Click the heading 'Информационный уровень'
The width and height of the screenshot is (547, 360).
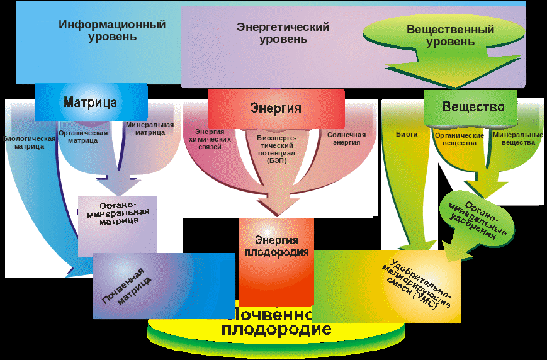click(112, 30)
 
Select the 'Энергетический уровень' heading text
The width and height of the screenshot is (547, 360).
click(283, 33)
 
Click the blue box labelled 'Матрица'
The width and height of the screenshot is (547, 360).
click(91, 102)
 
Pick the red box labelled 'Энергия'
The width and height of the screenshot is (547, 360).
click(276, 108)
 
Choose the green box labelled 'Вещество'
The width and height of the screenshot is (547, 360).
click(473, 107)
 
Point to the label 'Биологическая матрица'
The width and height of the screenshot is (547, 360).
click(29, 142)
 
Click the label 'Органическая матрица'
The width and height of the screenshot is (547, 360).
click(82, 137)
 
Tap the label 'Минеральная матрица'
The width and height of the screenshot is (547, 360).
click(149, 128)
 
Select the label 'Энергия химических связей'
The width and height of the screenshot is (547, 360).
click(210, 139)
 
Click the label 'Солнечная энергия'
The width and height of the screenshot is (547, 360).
click(346, 138)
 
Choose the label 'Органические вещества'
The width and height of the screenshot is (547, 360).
click(459, 138)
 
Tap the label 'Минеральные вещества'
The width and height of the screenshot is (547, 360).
click(517, 138)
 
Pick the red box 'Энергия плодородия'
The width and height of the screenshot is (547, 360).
click(276, 246)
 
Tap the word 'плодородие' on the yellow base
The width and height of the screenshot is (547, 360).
click(276, 329)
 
